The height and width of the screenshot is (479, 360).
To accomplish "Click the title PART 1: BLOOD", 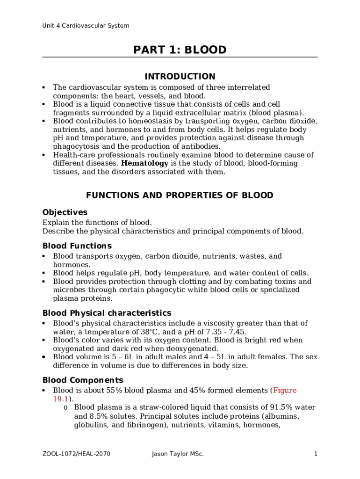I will (180, 50).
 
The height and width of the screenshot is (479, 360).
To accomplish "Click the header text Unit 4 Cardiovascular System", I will (86, 26).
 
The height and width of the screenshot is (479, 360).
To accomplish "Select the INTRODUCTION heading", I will (180, 76).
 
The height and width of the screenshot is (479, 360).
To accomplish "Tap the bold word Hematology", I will (144, 163).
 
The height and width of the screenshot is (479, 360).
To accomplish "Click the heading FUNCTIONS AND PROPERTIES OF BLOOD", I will (180, 196).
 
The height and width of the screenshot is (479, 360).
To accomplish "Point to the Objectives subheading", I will (65, 212).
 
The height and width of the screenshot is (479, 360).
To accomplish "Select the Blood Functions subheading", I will (77, 246).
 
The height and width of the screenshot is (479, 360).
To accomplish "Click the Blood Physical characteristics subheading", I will (107, 313).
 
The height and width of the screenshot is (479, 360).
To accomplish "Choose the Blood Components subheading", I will (83, 380).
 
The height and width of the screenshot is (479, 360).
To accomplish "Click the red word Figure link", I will (285, 391).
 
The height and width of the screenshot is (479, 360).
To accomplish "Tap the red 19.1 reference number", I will (61, 399).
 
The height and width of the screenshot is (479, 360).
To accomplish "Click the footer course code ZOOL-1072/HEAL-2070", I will (76, 454).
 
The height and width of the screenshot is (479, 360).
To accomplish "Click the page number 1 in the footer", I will (316, 454).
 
